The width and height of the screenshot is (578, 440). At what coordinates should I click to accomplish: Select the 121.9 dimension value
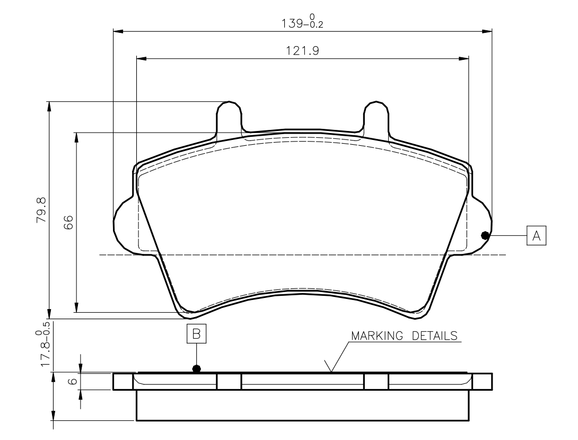coord(302,50)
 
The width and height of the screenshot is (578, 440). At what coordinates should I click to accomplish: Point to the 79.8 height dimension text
coord(41,209)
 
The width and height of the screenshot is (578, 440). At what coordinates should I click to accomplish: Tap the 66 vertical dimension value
coord(68,223)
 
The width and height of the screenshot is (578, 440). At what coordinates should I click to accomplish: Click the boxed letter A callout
coord(536,235)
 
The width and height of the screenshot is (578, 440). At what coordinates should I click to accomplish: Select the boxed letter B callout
coord(197,334)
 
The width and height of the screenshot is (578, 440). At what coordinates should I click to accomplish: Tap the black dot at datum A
coord(485,235)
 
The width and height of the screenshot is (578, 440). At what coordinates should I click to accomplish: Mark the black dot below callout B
coord(197,368)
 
